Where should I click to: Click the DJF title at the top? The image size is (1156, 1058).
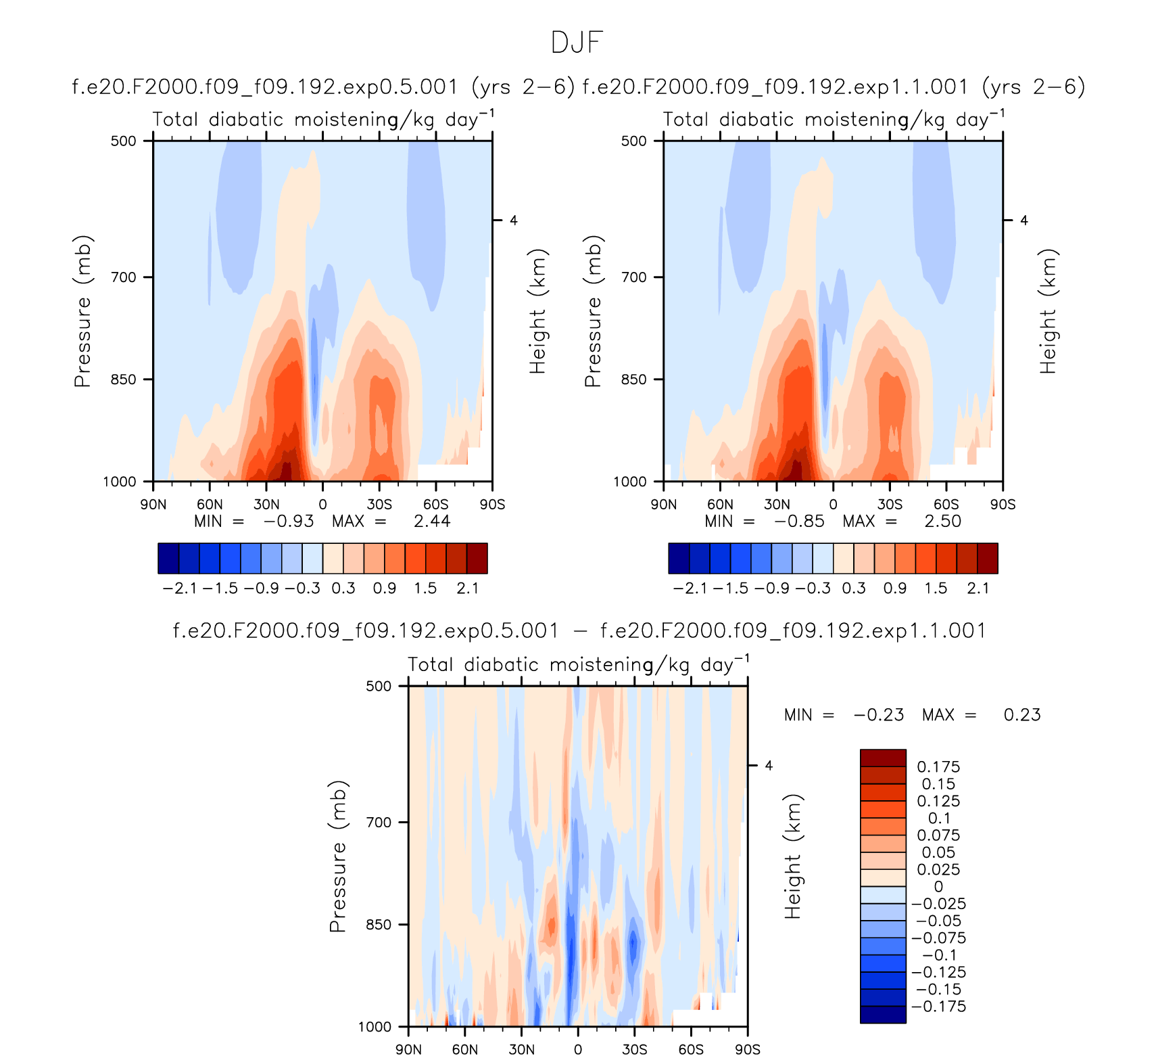(577, 42)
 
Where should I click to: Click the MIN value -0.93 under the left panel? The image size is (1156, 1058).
(289, 522)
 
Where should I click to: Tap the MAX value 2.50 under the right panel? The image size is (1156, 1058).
(942, 522)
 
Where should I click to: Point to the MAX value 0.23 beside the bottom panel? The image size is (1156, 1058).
(1022, 715)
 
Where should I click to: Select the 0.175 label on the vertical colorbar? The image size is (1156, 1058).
(938, 767)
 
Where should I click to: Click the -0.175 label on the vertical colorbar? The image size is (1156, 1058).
(938, 1007)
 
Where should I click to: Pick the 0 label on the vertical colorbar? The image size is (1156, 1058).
(938, 887)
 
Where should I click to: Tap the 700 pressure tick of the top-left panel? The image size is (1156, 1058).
(124, 277)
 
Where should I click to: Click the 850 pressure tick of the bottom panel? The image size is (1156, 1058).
(379, 925)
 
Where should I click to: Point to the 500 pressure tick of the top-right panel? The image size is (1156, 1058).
(634, 141)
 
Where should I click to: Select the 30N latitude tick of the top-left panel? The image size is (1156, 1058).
(266, 505)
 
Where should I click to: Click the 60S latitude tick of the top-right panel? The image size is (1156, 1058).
(946, 505)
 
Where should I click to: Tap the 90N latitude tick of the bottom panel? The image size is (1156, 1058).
(408, 1050)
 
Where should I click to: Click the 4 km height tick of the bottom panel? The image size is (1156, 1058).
(769, 766)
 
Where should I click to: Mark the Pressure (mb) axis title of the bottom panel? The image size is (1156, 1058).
(338, 856)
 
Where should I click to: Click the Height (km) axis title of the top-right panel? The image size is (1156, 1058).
(1048, 311)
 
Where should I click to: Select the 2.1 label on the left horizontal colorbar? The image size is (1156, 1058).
(467, 589)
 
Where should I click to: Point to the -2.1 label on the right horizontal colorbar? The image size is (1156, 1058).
(690, 589)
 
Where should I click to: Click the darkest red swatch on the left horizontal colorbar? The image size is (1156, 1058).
(477, 558)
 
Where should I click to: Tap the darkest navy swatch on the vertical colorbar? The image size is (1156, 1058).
(883, 1015)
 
